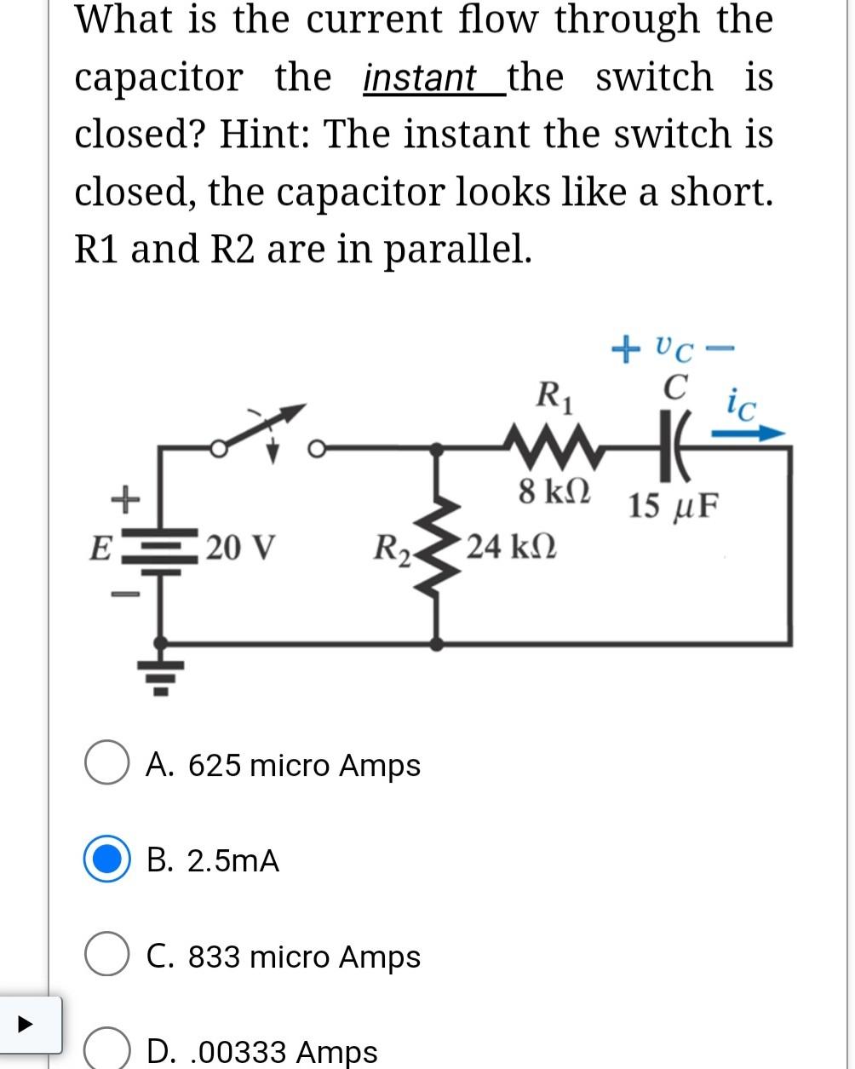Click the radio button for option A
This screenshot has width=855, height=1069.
point(106,764)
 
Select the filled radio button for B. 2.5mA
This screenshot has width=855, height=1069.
point(106,860)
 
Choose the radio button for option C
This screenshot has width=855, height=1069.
point(106,956)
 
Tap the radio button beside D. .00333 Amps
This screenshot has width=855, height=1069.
point(106,1050)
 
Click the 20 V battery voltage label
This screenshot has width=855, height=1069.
point(239,546)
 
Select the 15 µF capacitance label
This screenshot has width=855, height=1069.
point(674,506)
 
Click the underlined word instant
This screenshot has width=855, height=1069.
point(419,78)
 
